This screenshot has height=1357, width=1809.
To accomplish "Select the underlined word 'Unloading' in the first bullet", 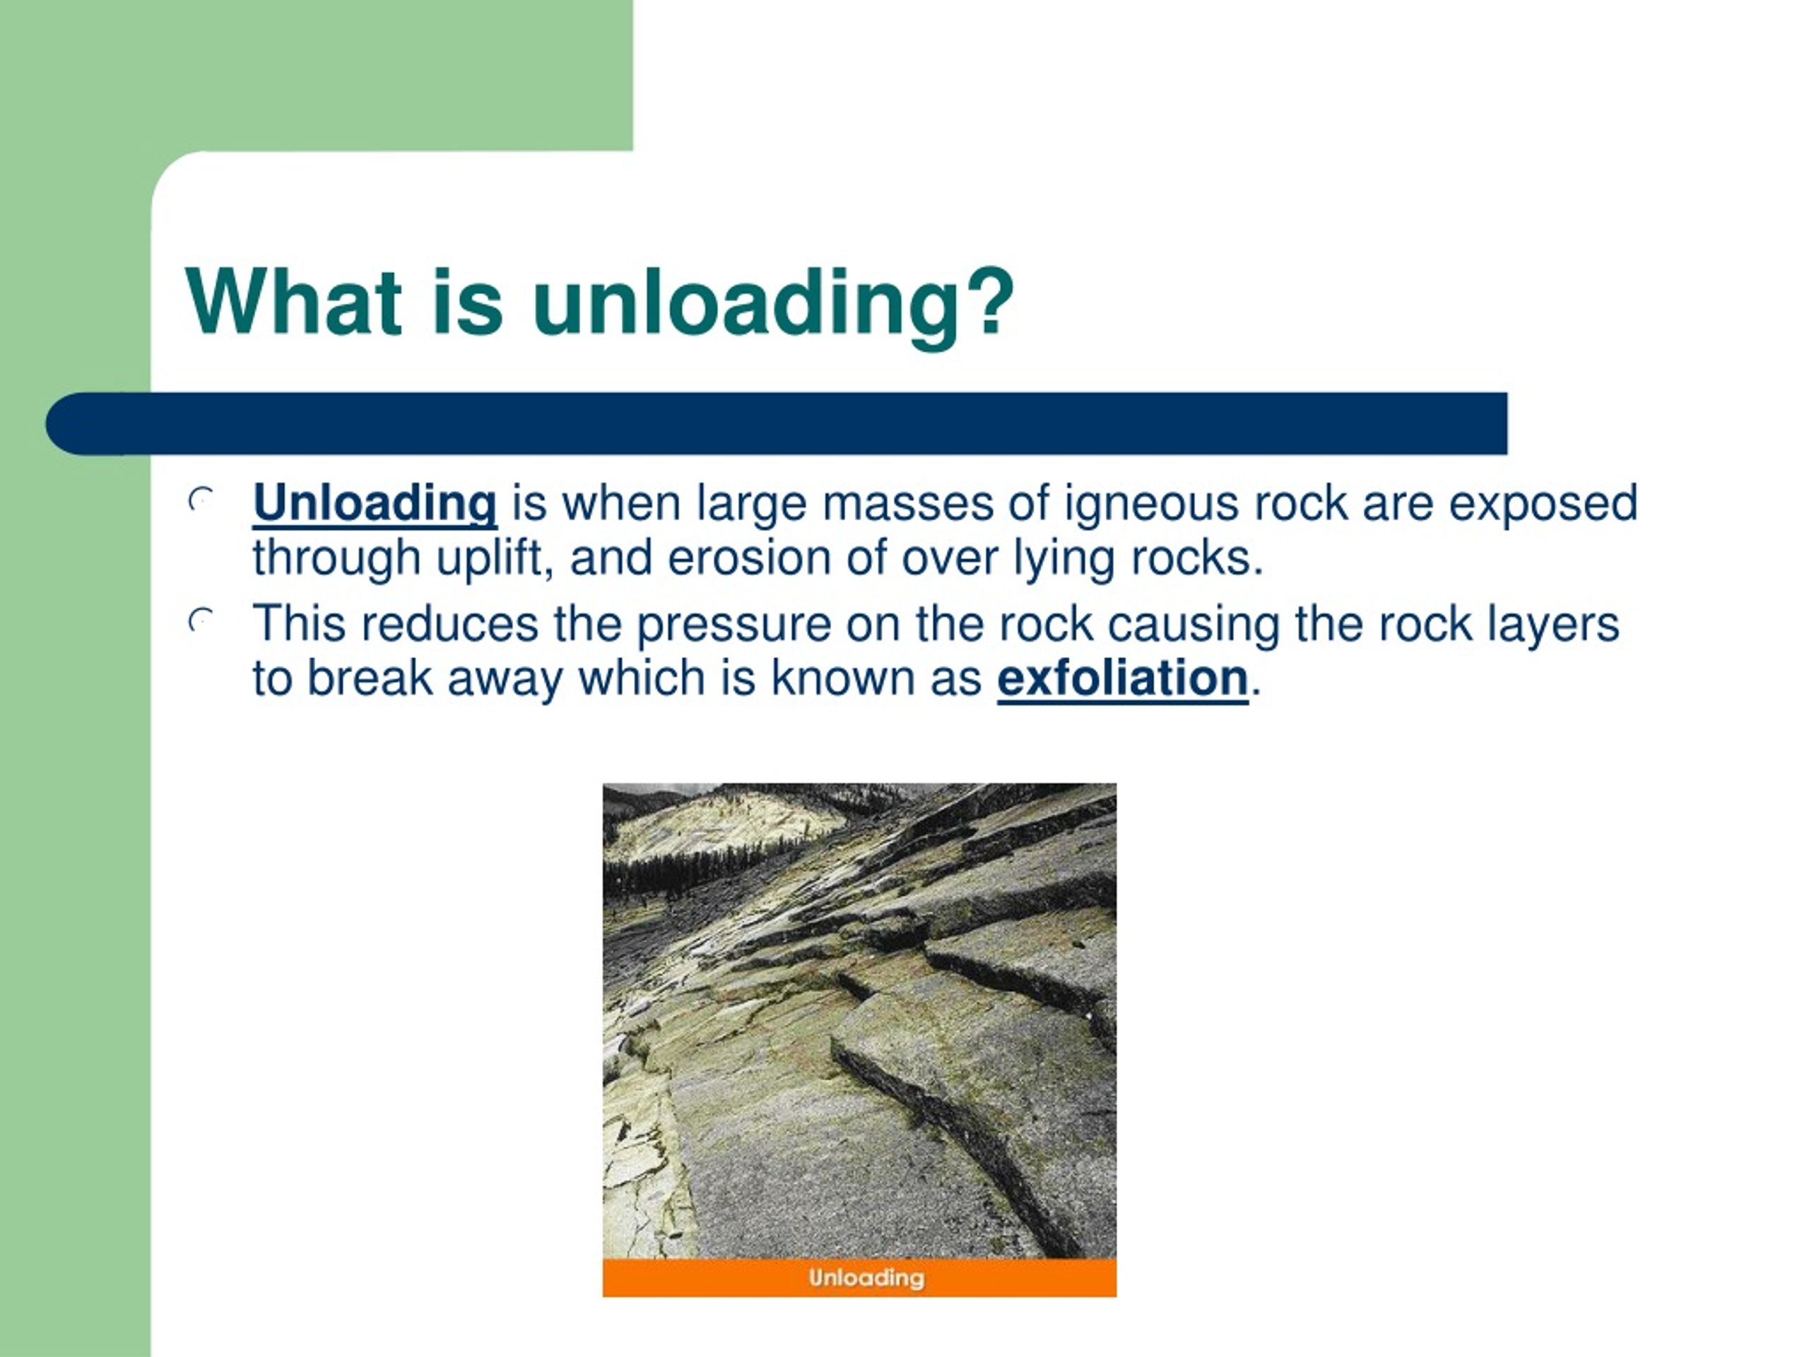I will pyautogui.click(x=375, y=503).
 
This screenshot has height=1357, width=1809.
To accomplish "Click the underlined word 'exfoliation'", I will pyautogui.click(x=1122, y=678).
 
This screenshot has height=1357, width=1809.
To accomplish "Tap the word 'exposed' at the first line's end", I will pyautogui.click(x=1543, y=504).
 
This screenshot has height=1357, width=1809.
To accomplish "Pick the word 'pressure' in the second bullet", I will pyautogui.click(x=733, y=625).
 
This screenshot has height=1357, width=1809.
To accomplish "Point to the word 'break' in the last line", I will pyautogui.click(x=370, y=678).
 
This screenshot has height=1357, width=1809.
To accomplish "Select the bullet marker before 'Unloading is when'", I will pyautogui.click(x=201, y=498).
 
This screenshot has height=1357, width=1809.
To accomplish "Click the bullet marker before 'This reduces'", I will pyautogui.click(x=201, y=620).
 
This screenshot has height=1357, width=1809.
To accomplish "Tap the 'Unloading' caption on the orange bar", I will pyautogui.click(x=866, y=1278).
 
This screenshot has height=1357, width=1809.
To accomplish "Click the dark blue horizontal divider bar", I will pyautogui.click(x=777, y=423).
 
